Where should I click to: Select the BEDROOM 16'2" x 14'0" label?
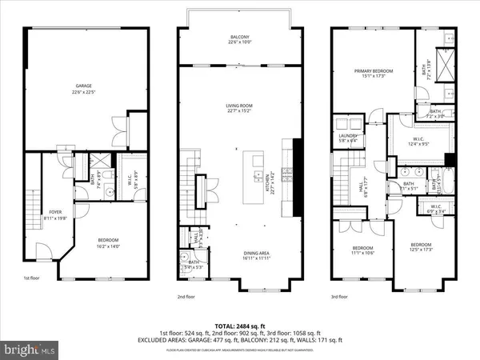coord(109,242)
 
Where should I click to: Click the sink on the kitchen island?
coord(258,174)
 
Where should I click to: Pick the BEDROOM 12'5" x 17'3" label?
coord(421,247)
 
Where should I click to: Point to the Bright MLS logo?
coord(30,350)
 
